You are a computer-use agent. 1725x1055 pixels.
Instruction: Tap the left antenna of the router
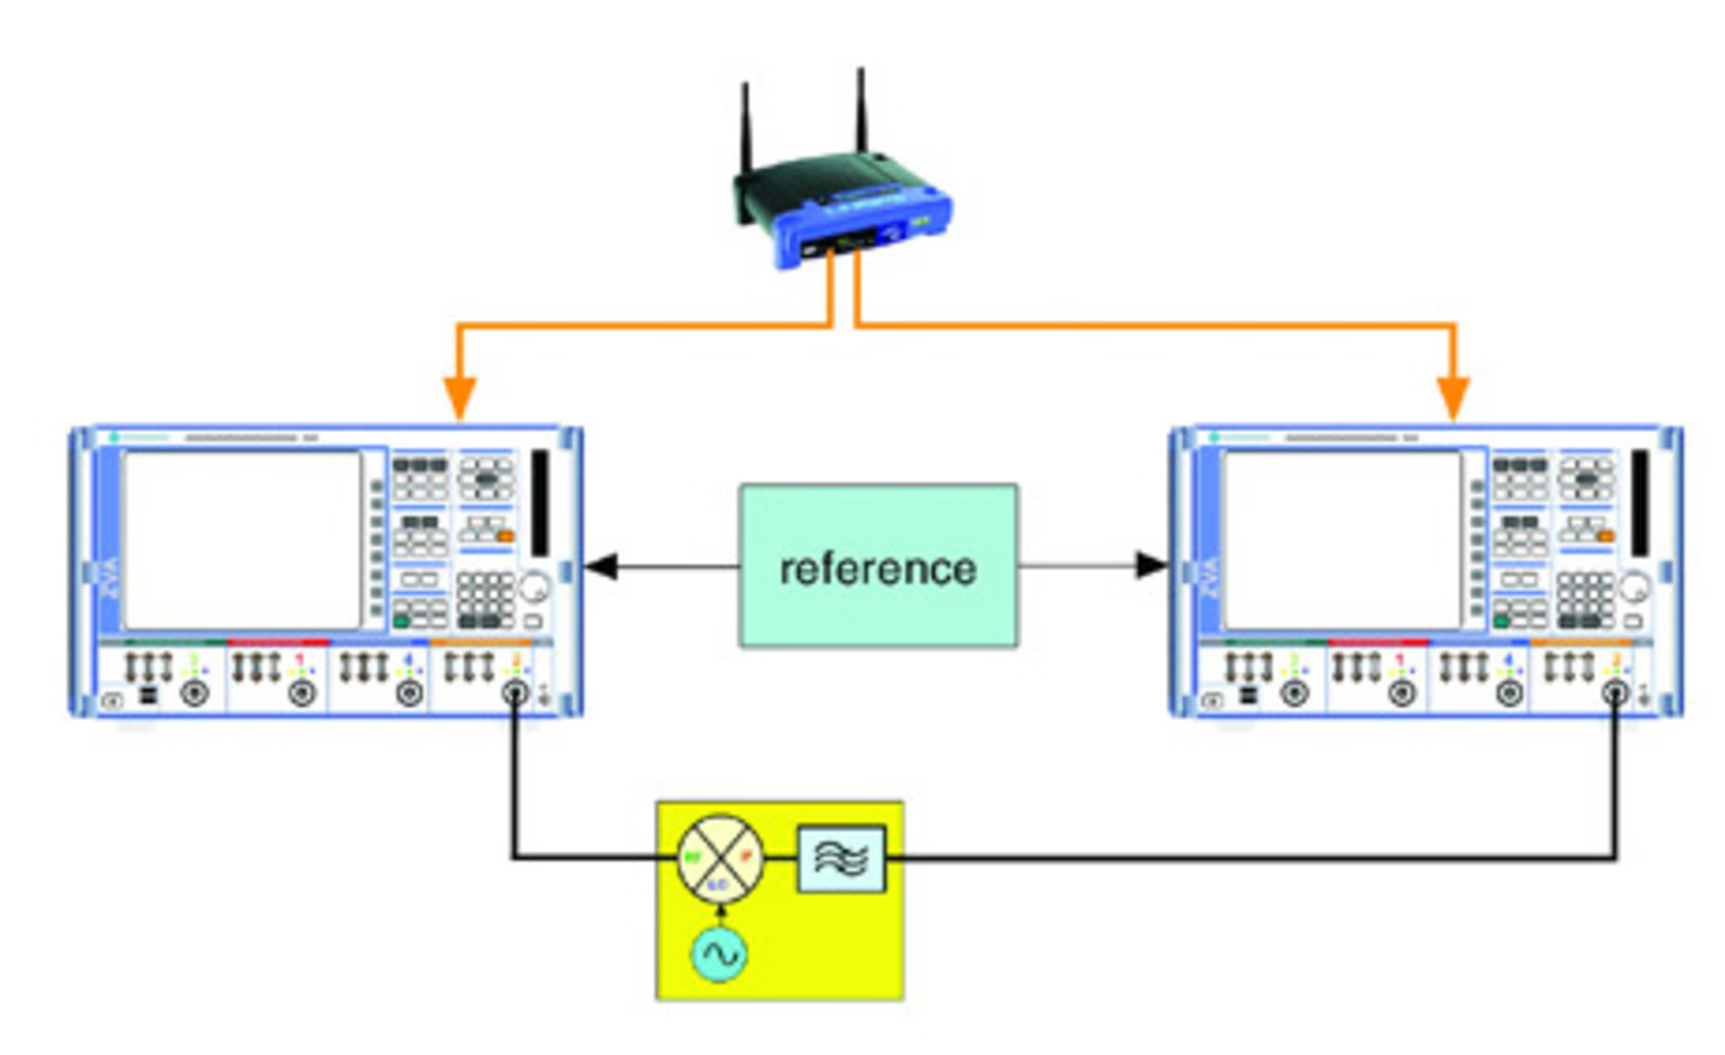point(745,126)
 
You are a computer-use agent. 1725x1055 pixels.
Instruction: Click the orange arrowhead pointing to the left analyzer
point(459,397)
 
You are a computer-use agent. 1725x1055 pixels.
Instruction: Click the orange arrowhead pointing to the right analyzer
point(1453,397)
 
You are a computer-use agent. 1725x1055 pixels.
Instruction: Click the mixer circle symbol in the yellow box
point(720,858)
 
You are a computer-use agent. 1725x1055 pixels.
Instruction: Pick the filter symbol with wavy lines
point(842,858)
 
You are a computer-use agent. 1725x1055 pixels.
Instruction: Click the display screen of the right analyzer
point(1342,540)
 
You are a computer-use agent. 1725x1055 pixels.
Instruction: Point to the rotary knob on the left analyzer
point(534,588)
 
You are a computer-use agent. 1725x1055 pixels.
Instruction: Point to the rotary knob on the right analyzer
point(1634,589)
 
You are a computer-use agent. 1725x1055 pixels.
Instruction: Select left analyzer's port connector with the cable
point(515,693)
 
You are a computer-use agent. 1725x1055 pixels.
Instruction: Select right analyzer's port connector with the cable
point(1615,693)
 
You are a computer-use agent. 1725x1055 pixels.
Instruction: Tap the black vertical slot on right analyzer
point(1640,503)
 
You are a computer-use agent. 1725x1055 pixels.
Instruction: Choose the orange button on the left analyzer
point(506,536)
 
